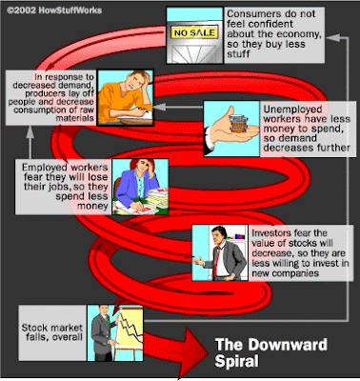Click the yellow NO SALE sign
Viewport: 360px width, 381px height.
194,32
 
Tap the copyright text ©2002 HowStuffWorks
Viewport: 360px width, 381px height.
54,10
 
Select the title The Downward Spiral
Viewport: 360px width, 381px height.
270,352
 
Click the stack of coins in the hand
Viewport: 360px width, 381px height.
239,123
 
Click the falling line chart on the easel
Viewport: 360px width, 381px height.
130,328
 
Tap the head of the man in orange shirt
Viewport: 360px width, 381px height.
137,82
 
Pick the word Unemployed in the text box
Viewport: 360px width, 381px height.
292,110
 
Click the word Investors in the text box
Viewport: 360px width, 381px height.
271,233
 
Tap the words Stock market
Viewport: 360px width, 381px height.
52,327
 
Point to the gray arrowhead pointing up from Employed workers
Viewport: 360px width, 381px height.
30,132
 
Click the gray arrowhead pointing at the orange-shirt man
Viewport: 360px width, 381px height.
160,107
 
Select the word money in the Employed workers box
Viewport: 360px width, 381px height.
92,206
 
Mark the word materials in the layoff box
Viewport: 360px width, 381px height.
75,118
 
